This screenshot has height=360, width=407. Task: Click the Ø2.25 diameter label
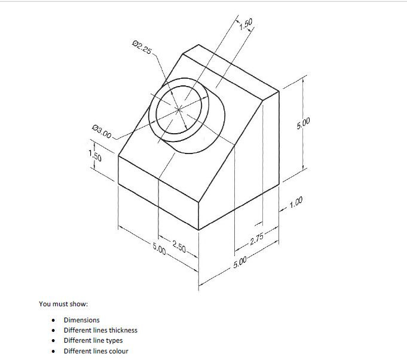(x=140, y=47)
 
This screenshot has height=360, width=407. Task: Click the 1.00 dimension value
(x=296, y=206)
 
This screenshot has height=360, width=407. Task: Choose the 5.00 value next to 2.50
(x=159, y=248)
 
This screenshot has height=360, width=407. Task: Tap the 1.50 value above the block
(x=246, y=24)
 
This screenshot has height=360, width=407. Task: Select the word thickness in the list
(x=123, y=330)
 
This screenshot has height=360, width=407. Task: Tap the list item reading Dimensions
(x=82, y=320)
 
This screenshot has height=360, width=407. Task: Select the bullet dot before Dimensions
(x=54, y=320)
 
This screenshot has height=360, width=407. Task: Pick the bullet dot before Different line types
(x=54, y=340)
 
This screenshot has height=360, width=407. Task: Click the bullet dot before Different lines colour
(x=54, y=350)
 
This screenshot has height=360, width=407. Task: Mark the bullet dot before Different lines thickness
(x=54, y=330)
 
